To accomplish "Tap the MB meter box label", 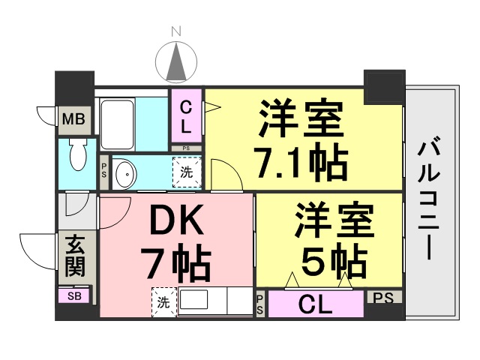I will click(73, 119).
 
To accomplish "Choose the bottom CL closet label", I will click(316, 305).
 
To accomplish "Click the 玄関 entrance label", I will click(74, 256).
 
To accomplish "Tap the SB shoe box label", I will click(74, 296).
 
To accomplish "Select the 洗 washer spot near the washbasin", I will click(186, 172).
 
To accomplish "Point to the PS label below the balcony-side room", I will click(384, 298).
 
